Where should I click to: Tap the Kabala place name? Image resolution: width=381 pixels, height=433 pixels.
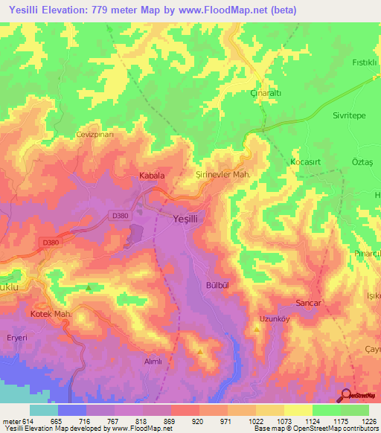(x=152, y=176)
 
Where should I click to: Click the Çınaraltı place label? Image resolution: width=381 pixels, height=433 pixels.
(x=264, y=94)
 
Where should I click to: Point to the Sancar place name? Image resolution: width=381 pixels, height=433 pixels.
(x=309, y=304)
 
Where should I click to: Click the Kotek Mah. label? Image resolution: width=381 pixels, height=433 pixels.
(x=51, y=315)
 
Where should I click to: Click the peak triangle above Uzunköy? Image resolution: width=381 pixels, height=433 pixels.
(x=257, y=332)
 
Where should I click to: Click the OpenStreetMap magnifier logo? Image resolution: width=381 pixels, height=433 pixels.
(x=347, y=395)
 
